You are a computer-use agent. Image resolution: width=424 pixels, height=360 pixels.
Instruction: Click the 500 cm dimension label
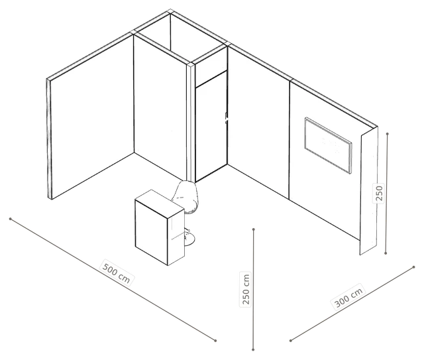click(x=117, y=272)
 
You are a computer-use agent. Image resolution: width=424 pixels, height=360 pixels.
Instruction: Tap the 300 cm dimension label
click(x=348, y=297)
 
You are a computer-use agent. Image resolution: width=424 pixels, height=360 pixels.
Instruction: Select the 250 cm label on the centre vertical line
click(x=246, y=289)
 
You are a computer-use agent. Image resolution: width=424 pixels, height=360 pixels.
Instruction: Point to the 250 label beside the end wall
click(x=380, y=193)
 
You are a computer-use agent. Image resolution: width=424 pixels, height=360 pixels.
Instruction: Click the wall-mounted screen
click(x=329, y=145)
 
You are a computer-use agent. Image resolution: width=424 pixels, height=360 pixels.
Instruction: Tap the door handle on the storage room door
click(x=227, y=118)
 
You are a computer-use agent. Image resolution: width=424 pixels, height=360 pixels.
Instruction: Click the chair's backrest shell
click(x=186, y=196)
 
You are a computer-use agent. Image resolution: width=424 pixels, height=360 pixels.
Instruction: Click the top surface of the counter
click(x=160, y=203)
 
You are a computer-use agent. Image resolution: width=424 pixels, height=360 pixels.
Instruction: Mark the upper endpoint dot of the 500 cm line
click(x=11, y=219)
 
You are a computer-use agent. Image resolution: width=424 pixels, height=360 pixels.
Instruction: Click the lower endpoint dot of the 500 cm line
click(x=215, y=341)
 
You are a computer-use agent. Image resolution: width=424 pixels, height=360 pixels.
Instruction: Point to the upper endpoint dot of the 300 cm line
click(x=413, y=267)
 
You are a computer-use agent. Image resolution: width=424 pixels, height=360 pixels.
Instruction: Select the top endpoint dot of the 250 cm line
click(x=253, y=229)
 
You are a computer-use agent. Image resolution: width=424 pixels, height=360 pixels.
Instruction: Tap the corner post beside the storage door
click(x=191, y=123)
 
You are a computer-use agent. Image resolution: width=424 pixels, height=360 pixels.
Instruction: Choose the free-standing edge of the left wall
click(x=49, y=139)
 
